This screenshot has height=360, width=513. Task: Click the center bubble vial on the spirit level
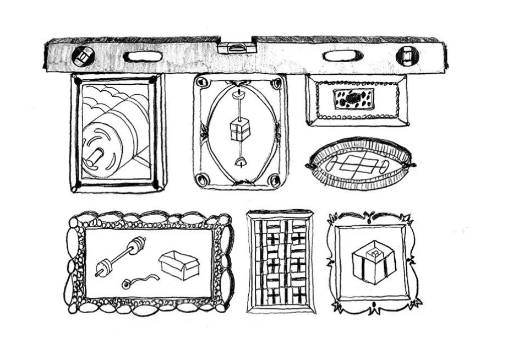tap(236, 48)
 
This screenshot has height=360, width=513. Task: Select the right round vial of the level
tap(407, 56)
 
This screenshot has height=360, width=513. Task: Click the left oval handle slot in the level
tap(143, 56)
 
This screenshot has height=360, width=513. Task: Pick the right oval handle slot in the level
tap(342, 56)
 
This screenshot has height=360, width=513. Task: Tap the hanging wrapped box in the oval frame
tap(239, 129)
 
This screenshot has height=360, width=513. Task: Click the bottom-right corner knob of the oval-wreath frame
tap(275, 179)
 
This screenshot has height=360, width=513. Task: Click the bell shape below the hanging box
tap(239, 162)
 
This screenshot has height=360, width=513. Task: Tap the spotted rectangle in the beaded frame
tap(354, 99)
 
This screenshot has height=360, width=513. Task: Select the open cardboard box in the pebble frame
tap(179, 265)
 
